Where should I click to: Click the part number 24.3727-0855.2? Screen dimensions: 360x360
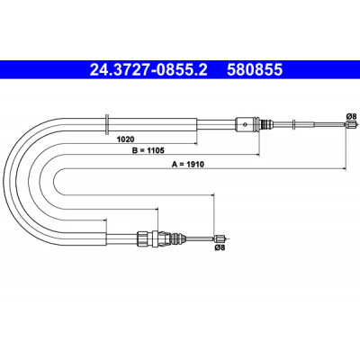click(x=148, y=69)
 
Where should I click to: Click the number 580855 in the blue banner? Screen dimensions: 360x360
click(x=255, y=69)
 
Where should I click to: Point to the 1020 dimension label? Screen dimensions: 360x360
click(x=125, y=139)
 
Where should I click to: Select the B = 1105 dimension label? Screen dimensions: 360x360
click(x=148, y=150)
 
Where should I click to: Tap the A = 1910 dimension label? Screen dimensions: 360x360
click(x=188, y=164)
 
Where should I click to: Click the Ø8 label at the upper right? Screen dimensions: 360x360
click(x=351, y=116)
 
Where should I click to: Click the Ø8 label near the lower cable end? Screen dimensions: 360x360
click(x=220, y=247)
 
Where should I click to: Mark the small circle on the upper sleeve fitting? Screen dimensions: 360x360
click(x=246, y=123)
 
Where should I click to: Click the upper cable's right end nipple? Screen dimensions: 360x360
click(x=350, y=124)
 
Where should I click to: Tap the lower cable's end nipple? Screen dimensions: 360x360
click(x=220, y=238)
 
